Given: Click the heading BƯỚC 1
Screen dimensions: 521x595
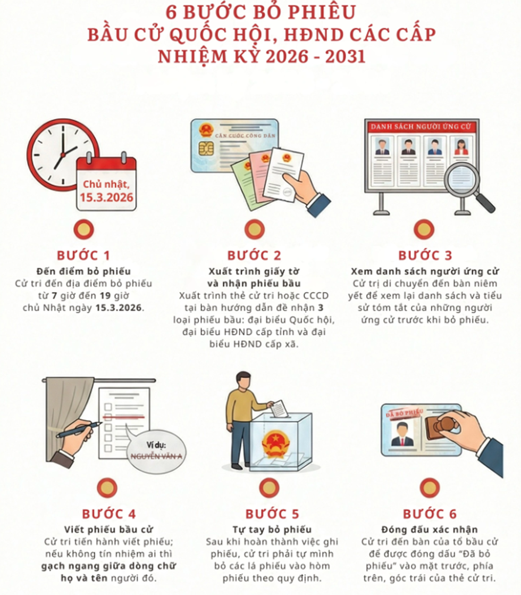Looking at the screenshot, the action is point(83,255).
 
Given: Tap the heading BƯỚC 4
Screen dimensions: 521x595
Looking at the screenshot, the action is point(109,514).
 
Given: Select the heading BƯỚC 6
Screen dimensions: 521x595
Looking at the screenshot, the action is point(430,514).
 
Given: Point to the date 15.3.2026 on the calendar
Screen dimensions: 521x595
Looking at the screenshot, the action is point(106,197).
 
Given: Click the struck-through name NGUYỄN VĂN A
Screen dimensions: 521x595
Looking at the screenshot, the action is point(156,456).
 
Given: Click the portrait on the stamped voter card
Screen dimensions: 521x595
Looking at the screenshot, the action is point(402,435).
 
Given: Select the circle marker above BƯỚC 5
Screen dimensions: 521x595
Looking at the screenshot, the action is point(269,487).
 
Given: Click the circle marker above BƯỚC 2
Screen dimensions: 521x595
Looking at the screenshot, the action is point(255,229).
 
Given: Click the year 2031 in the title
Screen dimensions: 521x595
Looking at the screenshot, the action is point(345,56).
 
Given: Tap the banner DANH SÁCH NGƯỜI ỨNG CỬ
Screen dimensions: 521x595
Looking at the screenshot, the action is point(421,126).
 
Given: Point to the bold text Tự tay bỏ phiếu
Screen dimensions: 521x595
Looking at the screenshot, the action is point(272,530).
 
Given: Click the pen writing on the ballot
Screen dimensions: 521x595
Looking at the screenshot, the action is point(80,429).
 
